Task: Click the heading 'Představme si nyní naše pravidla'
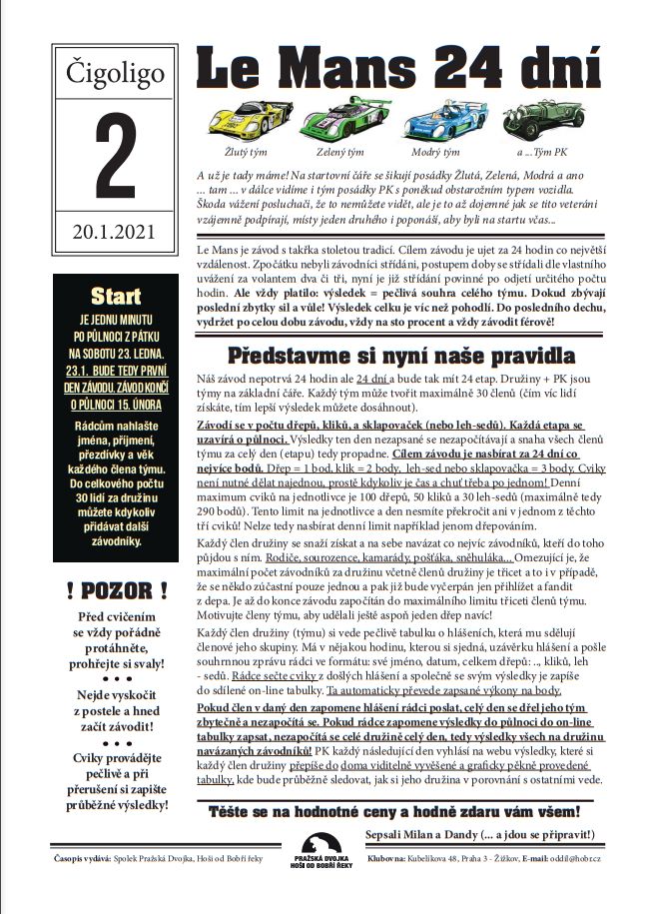(x=400, y=356)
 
